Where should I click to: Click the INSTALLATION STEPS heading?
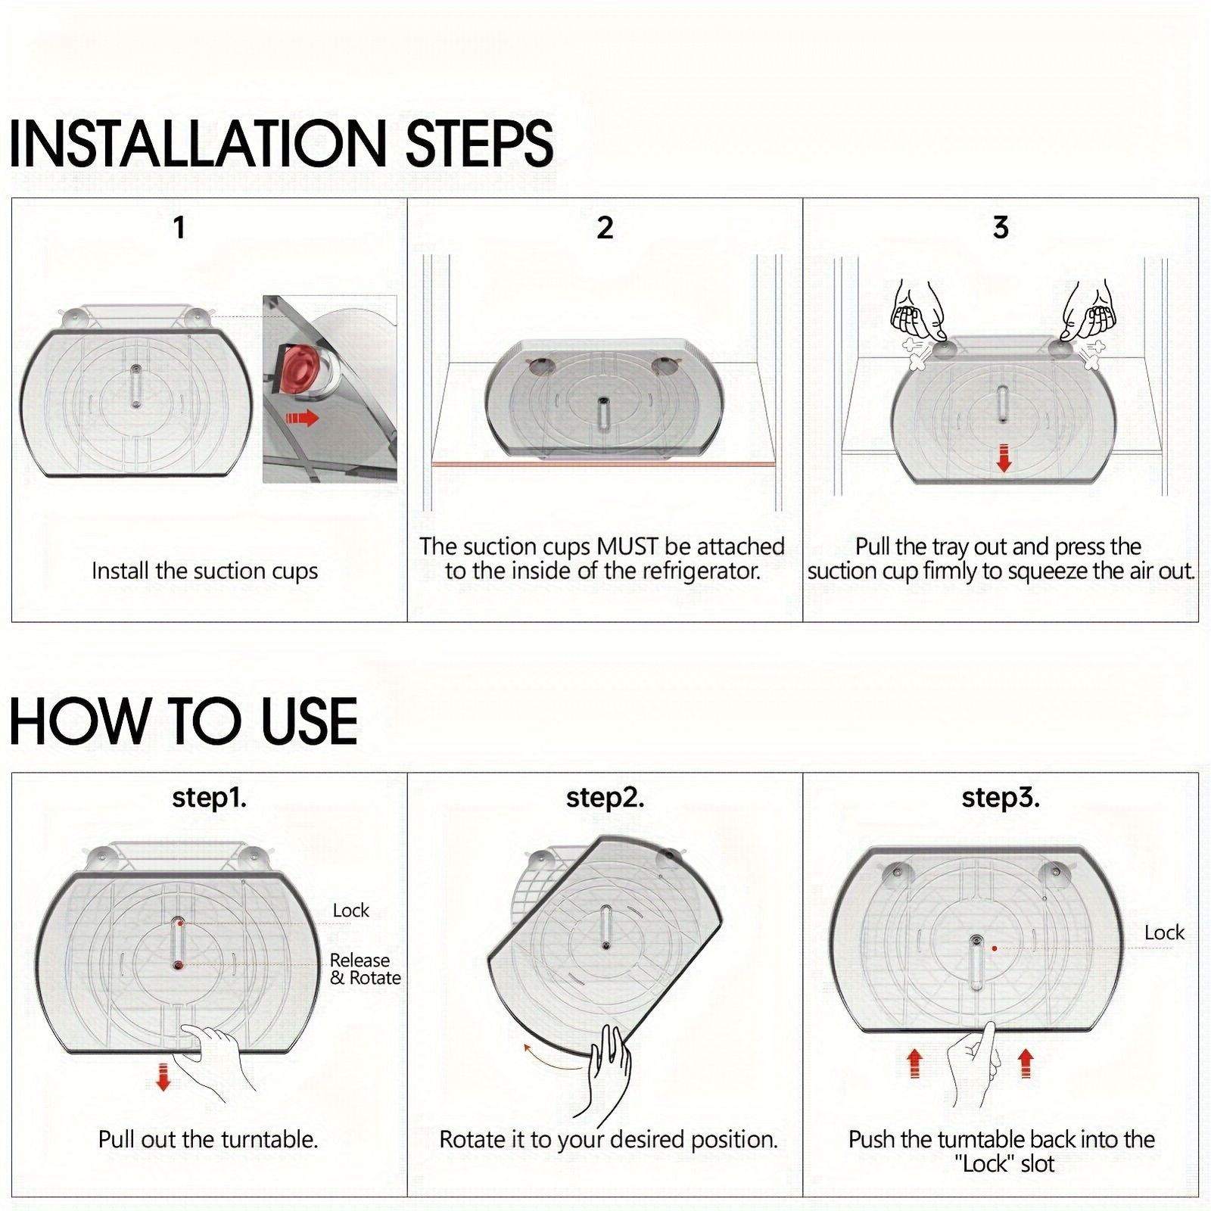(281, 143)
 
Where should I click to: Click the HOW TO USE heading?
(183, 721)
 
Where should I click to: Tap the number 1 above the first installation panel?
(179, 227)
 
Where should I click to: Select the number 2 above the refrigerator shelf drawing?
(605, 227)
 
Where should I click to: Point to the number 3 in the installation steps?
(1001, 227)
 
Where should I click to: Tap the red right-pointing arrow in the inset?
(302, 418)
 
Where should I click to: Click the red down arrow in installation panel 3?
(1004, 459)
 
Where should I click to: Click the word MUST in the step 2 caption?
(627, 546)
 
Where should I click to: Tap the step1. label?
(210, 798)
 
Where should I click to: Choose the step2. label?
(605, 798)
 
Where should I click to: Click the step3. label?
(1001, 798)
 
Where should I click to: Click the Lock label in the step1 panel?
(351, 910)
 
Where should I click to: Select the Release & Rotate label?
(365, 969)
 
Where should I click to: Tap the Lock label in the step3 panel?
(1164, 932)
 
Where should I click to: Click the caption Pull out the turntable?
(208, 1139)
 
